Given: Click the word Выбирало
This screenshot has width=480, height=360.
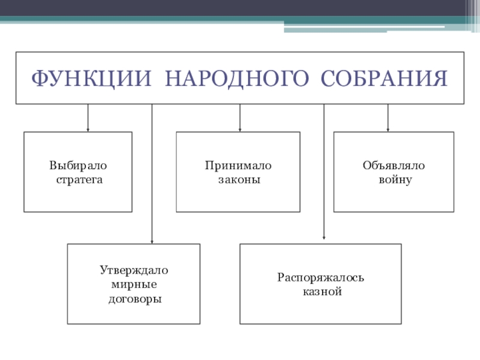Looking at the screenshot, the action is pyautogui.click(x=77, y=166).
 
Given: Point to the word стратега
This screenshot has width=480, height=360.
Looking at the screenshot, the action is pyautogui.click(x=77, y=179).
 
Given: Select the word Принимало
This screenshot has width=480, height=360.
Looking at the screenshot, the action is pyautogui.click(x=238, y=166).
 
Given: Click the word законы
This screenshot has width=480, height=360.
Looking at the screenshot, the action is pyautogui.click(x=238, y=179).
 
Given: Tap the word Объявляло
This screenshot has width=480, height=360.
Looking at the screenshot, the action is pyautogui.click(x=394, y=166).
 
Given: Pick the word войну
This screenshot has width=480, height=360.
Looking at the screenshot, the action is pyautogui.click(x=394, y=179).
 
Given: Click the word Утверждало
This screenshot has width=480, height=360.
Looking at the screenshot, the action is pyautogui.click(x=134, y=271).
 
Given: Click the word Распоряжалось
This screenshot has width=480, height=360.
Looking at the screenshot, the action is pyautogui.click(x=321, y=278).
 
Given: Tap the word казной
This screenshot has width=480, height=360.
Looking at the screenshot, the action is pyautogui.click(x=321, y=292).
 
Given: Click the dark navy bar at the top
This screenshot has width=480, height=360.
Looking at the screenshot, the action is pyautogui.click(x=240, y=8).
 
